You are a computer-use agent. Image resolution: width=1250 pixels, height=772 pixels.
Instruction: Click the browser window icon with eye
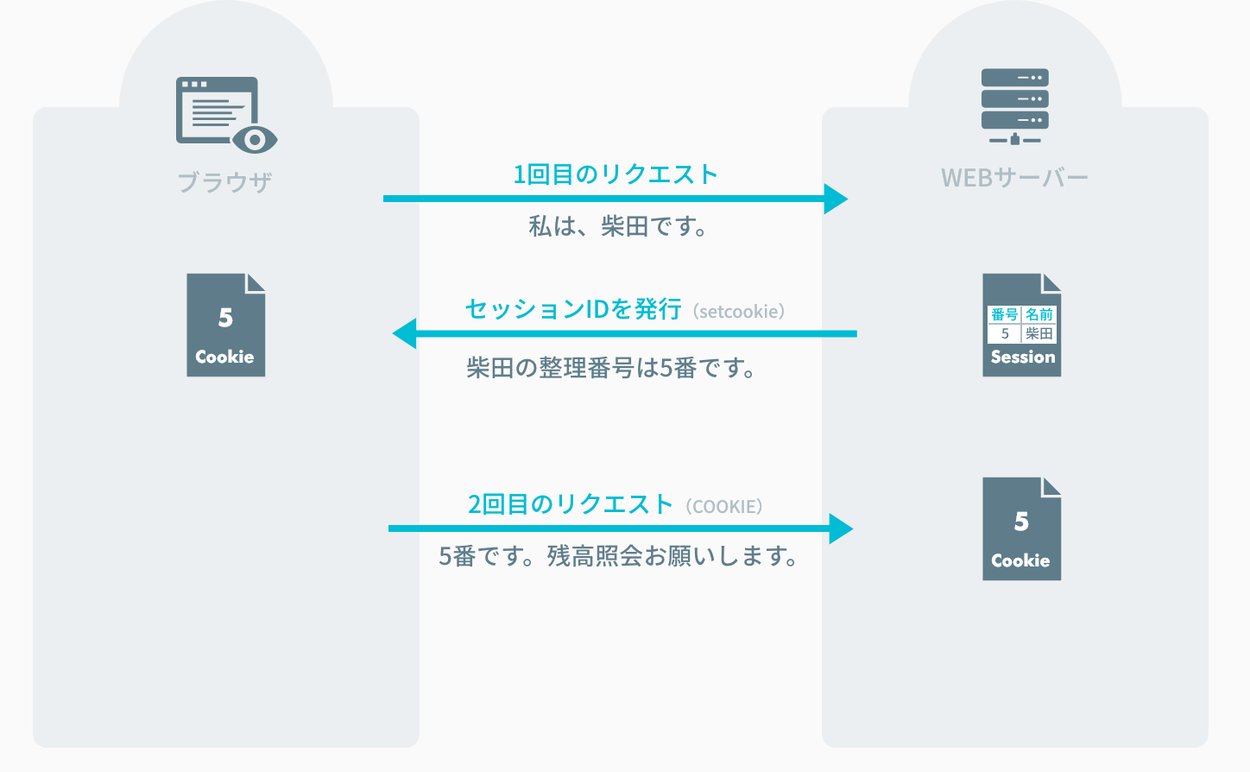(x=226, y=114)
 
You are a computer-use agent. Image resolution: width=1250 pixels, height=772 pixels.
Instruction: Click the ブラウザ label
(x=225, y=182)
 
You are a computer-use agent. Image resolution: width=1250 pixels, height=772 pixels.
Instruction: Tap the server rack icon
(x=1014, y=106)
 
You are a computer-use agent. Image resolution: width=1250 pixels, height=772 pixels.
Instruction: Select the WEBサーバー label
(x=1014, y=178)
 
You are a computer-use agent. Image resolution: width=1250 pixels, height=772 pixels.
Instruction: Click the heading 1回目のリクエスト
(x=616, y=174)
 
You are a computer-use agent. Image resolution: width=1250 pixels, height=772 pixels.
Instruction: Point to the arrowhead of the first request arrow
(x=836, y=199)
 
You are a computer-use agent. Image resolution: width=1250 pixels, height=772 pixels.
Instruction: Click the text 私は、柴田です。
(x=618, y=226)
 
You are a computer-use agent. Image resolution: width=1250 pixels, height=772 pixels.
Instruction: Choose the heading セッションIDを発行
(x=573, y=309)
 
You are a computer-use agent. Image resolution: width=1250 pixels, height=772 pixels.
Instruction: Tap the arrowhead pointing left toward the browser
(x=404, y=333)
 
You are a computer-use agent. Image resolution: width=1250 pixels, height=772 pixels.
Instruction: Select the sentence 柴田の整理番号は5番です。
(x=611, y=369)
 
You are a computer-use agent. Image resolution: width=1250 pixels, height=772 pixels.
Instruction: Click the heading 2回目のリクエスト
(x=570, y=504)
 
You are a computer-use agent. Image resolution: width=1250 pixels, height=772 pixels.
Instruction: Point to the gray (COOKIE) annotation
(x=724, y=507)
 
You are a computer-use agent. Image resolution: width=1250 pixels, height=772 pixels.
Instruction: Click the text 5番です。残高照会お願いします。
(x=618, y=556)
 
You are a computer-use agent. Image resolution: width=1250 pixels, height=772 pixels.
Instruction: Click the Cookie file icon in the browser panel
(x=225, y=326)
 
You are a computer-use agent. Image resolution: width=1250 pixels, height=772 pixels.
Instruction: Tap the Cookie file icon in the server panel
(x=1021, y=528)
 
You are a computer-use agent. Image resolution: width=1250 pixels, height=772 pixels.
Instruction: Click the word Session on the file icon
(x=1023, y=358)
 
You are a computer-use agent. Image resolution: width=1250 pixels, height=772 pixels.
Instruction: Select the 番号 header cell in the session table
(x=1004, y=314)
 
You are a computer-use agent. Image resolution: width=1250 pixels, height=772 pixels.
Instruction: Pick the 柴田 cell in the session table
(x=1039, y=333)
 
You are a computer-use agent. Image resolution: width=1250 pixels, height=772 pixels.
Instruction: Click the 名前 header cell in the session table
(x=1039, y=314)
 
